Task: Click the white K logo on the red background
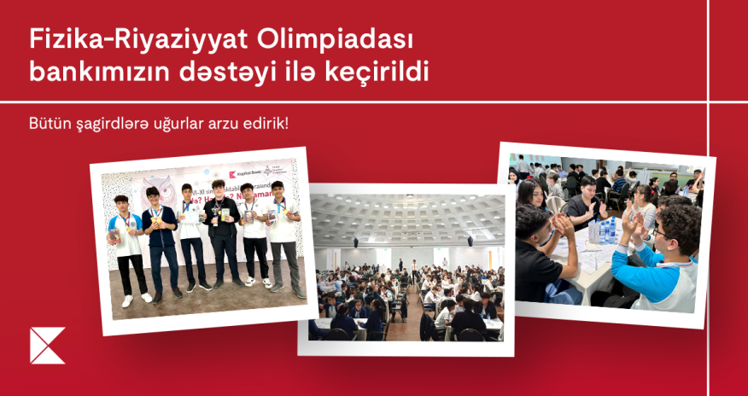(47, 346)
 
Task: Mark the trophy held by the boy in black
(211, 214)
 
